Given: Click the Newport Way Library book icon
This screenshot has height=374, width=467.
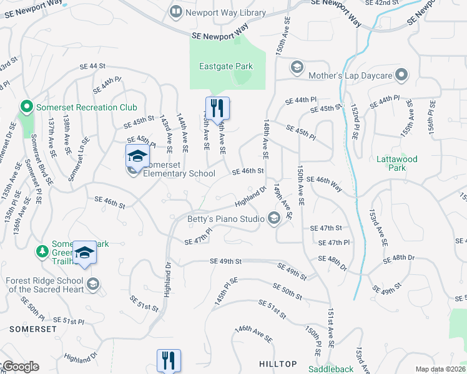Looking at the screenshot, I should (177, 12).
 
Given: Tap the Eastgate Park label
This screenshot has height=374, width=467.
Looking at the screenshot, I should (226, 65).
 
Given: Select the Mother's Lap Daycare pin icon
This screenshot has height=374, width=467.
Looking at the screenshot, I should (403, 75).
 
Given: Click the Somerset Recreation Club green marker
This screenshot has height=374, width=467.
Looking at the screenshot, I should (26, 107).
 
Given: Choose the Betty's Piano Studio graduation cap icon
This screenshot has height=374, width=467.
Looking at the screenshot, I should (273, 218).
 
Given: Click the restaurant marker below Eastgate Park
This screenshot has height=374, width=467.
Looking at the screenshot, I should (217, 107).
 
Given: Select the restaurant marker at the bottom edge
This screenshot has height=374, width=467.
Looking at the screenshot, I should (169, 360).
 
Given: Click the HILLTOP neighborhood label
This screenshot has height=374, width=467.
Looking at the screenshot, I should (278, 363).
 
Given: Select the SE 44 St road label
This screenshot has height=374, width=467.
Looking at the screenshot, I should (93, 66).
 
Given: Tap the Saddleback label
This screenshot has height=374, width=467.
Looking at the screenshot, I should (331, 369).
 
